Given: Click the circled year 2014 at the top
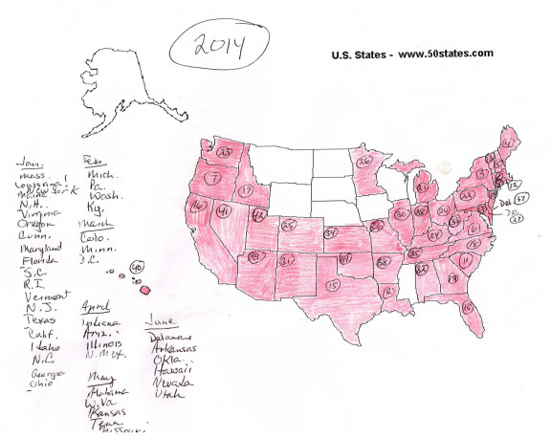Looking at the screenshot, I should pyautogui.click(x=218, y=44).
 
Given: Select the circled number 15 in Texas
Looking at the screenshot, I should pyautogui.click(x=333, y=285).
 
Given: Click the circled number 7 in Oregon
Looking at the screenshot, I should pyautogui.click(x=216, y=179).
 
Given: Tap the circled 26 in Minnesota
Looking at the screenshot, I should pyautogui.click(x=364, y=162).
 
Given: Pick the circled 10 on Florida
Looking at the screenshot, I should pyautogui.click(x=468, y=307).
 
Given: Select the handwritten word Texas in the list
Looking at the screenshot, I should pyautogui.click(x=35, y=321).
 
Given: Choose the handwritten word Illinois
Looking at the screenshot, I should pyautogui.click(x=105, y=340).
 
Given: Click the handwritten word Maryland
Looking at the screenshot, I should pyautogui.click(x=38, y=249).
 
